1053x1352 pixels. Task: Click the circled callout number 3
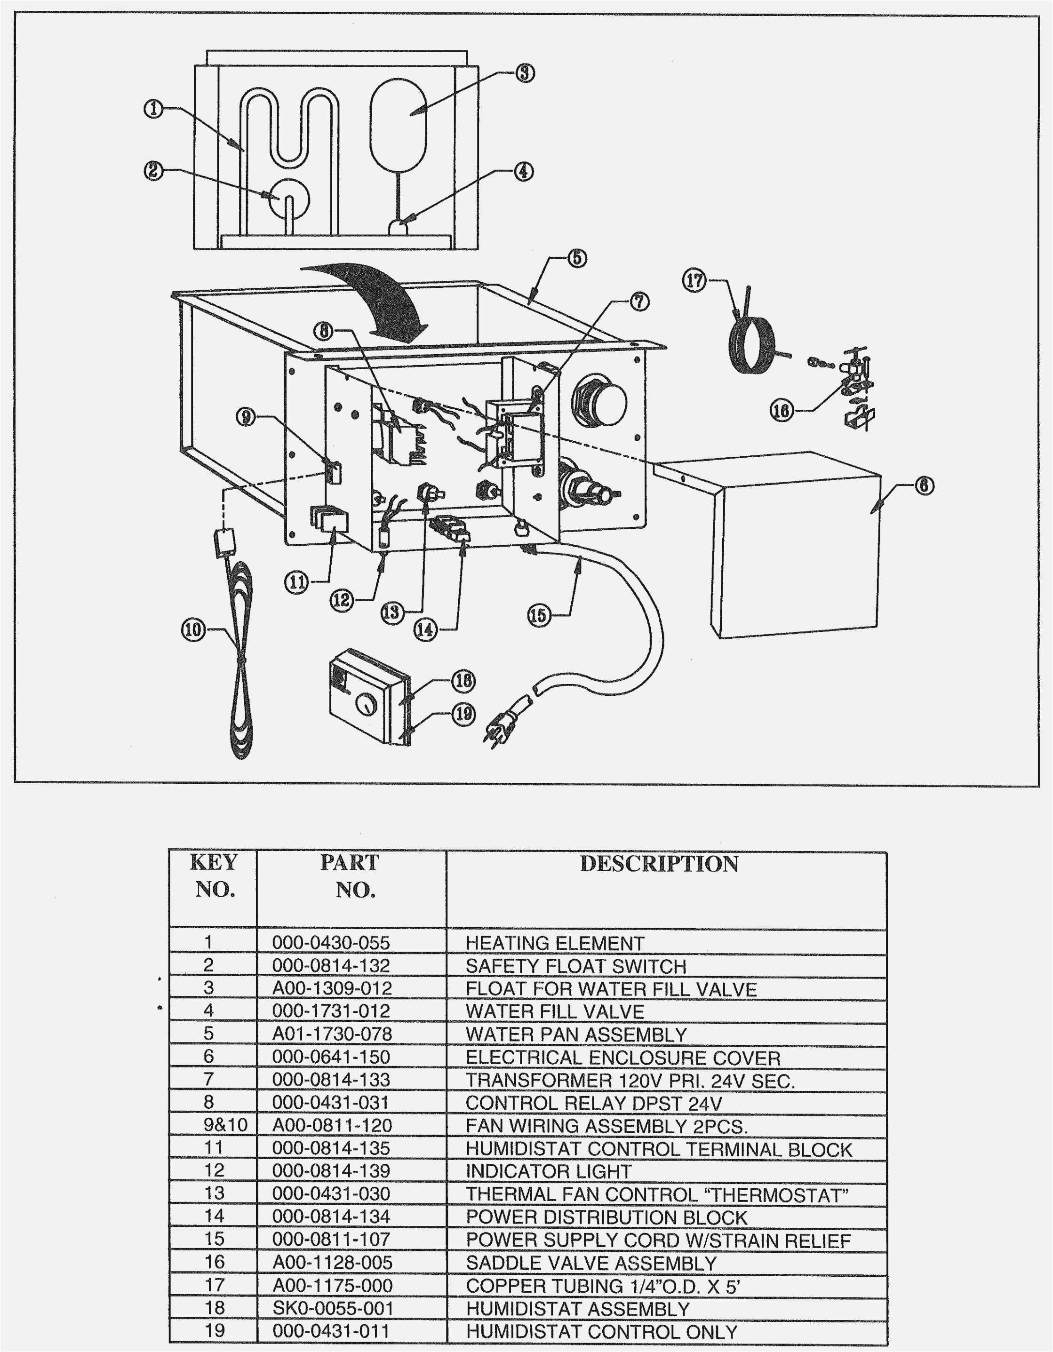click(x=524, y=73)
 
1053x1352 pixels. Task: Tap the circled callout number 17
click(x=694, y=280)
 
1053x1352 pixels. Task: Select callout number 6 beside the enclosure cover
click(x=924, y=486)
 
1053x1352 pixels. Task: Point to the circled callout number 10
click(x=192, y=630)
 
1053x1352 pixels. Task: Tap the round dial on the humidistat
click(x=367, y=704)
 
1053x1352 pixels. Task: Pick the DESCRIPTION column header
click(x=659, y=864)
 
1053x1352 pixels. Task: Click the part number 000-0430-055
click(x=331, y=943)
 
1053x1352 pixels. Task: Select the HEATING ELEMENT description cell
click(x=555, y=943)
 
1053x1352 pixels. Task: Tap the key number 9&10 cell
click(x=225, y=1125)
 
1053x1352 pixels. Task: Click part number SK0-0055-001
click(x=333, y=1309)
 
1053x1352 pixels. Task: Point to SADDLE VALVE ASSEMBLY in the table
click(x=590, y=1264)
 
